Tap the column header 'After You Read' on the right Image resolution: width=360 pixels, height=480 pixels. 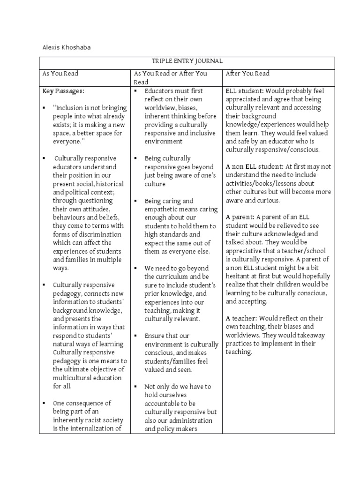click(x=247, y=74)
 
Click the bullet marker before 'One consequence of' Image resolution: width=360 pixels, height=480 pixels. click(x=44, y=403)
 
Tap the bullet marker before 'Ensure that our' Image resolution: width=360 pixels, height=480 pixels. click(x=135, y=336)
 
